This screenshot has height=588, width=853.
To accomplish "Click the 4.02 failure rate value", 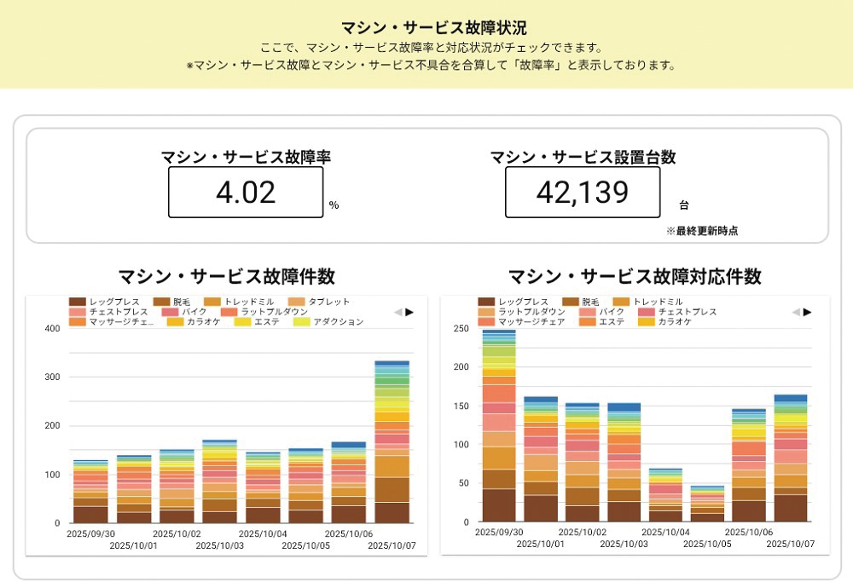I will (246, 193).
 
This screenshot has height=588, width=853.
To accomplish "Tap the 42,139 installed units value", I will (582, 193).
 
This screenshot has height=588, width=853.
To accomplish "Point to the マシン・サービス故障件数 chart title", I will (226, 276).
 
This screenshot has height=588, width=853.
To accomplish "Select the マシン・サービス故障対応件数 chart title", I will (635, 276).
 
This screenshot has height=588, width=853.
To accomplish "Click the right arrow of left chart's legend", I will (409, 312).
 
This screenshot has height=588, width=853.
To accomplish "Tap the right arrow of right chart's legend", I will (807, 312).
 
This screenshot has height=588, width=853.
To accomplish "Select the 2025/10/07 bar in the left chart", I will (392, 443).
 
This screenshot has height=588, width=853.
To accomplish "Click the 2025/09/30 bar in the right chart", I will (499, 426).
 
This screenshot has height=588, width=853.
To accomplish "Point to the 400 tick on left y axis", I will (52, 329).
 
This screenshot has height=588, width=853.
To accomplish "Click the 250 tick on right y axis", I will (461, 329).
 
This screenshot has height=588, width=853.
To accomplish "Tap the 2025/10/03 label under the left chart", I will (219, 544).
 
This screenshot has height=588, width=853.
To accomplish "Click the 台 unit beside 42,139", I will (683, 205).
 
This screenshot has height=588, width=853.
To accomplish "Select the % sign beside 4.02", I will (334, 205).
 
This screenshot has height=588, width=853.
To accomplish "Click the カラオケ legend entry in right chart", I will (673, 322).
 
